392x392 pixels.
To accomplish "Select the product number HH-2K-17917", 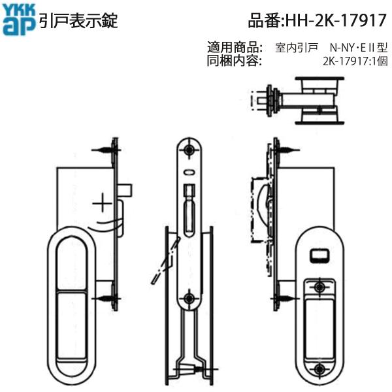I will click(x=318, y=20).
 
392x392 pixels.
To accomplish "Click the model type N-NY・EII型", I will click(x=359, y=48).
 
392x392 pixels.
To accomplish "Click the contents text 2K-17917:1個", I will click(x=355, y=61).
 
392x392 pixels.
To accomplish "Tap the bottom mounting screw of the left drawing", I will click(x=108, y=299).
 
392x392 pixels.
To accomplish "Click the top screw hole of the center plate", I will click(x=189, y=150).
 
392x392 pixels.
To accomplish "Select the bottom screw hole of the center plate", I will click(x=189, y=299).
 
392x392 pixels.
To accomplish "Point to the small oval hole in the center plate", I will click(x=189, y=173).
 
